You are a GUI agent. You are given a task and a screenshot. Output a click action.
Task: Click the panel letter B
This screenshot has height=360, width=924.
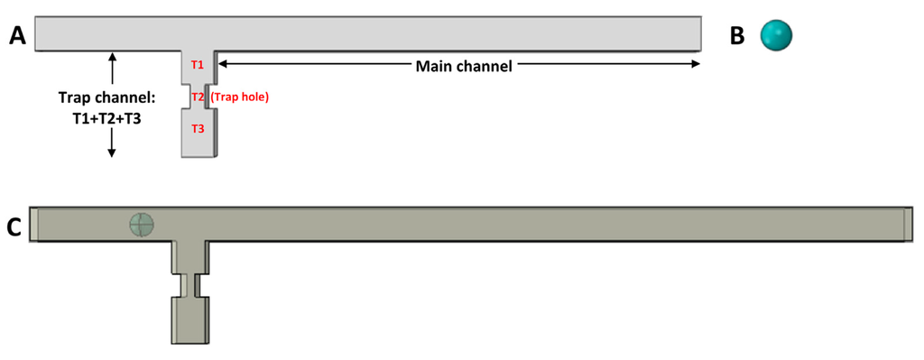pos(737,36)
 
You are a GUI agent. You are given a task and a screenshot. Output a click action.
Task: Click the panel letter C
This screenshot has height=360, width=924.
pos(15,227)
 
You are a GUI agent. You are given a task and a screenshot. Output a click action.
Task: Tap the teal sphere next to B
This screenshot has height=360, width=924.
pos(776,35)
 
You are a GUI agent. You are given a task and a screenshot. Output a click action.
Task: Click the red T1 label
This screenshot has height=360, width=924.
pos(198,65)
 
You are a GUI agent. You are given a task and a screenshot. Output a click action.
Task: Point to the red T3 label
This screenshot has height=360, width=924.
pos(198,129)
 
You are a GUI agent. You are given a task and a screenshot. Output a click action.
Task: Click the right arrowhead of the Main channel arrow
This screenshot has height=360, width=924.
pos(696,64)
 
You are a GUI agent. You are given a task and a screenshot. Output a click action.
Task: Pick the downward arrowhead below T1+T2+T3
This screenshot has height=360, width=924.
pos(112,152)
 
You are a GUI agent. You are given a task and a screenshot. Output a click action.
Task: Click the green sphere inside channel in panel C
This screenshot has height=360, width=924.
pos(142,225)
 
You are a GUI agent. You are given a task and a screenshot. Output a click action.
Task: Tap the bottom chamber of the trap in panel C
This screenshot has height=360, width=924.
pos(189,319)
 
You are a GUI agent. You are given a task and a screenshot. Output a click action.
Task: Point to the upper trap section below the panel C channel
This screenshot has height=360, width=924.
pos(189,256)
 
